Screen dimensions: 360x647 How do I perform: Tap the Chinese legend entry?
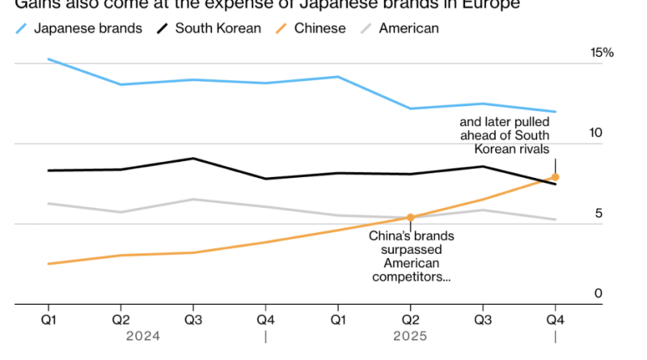pyautogui.click(x=319, y=28)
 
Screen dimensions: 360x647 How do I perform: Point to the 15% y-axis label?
pyautogui.click(x=603, y=53)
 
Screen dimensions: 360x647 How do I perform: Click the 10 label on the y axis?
pyautogui.click(x=597, y=132)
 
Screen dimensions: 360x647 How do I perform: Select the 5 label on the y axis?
pyautogui.click(x=599, y=214)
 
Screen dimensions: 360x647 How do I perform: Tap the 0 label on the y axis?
pyautogui.click(x=599, y=293)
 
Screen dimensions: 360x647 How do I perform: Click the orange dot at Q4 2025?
pyautogui.click(x=556, y=176)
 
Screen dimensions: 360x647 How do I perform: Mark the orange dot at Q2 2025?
pyautogui.click(x=410, y=217)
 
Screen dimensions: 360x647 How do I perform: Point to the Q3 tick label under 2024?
pyautogui.click(x=192, y=319)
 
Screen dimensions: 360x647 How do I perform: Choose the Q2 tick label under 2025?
pyautogui.click(x=410, y=319)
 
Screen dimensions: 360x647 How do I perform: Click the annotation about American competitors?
pyautogui.click(x=411, y=256)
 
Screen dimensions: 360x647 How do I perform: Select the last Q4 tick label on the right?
pyautogui.click(x=556, y=319)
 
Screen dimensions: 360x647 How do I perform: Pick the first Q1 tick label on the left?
pyautogui.click(x=49, y=319)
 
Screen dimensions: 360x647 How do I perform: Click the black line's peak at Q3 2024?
pyautogui.click(x=192, y=159)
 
